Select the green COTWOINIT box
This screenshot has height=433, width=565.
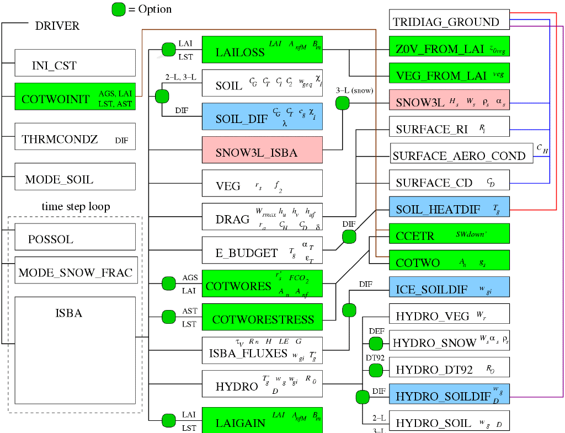pyautogui.click(x=74, y=97)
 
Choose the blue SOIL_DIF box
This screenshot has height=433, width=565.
pyautogui.click(x=262, y=116)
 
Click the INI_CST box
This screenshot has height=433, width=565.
pyautogui.click(x=74, y=63)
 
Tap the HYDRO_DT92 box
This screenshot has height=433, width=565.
pyautogui.click(x=449, y=368)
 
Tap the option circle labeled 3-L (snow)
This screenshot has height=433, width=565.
pyautogui.click(x=343, y=103)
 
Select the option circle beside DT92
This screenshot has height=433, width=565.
pyautogui.click(x=376, y=370)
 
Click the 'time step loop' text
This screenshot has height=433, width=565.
pyautogui.click(x=76, y=207)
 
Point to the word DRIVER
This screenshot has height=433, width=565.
pyautogui.click(x=57, y=25)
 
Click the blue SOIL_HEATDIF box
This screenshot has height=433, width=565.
pyautogui.click(x=449, y=209)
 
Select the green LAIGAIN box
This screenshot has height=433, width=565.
pyautogui.click(x=262, y=420)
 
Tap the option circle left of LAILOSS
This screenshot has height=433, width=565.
pyautogui.click(x=168, y=50)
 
